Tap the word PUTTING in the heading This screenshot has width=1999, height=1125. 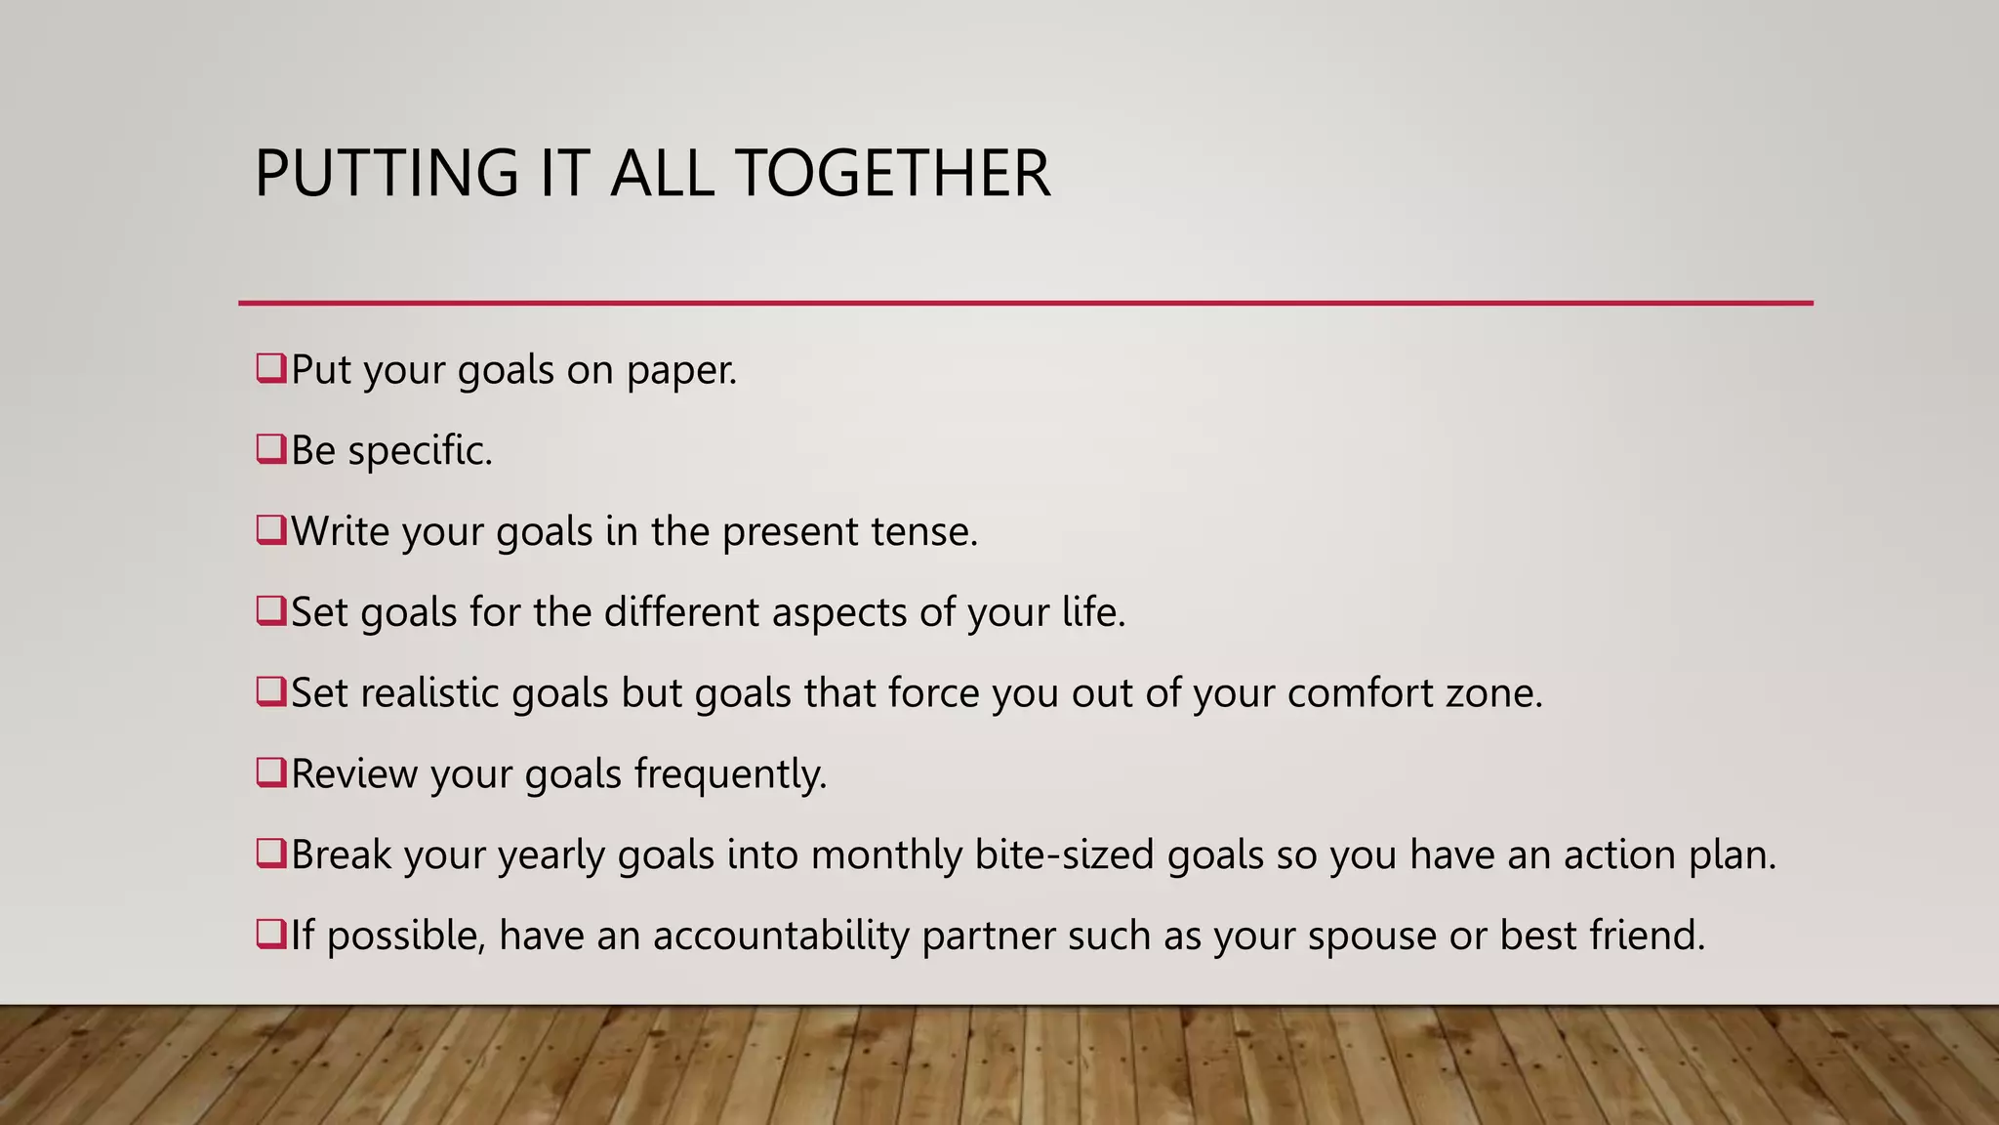(387, 174)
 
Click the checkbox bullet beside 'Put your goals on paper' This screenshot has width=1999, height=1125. (270, 368)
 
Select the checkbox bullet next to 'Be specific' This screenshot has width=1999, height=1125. (270, 449)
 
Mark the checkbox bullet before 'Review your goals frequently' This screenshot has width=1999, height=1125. (270, 772)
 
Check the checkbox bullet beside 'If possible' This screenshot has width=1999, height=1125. (270, 934)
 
